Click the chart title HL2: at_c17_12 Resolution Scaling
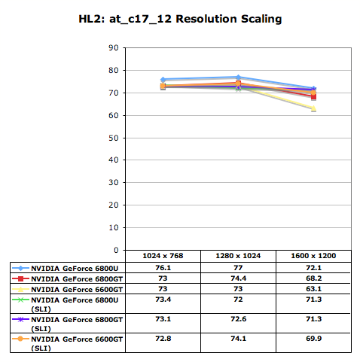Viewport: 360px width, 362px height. [180, 19]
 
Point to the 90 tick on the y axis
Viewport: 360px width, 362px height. [114, 47]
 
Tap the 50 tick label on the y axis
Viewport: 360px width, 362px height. [114, 138]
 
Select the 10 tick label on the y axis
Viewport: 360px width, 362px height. [114, 227]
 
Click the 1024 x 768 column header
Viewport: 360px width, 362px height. [163, 256]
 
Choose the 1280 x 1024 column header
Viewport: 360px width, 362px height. [238, 256]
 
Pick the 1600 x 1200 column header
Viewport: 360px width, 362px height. [313, 256]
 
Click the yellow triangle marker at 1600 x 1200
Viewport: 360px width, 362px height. [313, 108]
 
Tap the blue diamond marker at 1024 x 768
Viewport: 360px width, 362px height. [163, 80]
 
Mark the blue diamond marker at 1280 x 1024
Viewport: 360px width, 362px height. [238, 77]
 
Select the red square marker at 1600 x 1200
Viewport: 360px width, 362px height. [313, 97]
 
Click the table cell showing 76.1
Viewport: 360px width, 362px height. [163, 268]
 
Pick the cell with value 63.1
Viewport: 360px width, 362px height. [313, 289]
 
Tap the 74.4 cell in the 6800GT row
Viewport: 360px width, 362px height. [238, 278]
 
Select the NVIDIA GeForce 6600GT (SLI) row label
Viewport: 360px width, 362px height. [77, 343]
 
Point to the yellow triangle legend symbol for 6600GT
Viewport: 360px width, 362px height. [20, 289]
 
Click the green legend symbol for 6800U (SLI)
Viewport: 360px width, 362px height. [20, 300]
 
